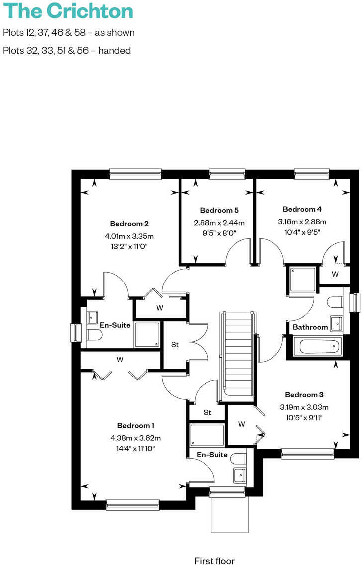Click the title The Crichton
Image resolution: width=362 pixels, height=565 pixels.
69,11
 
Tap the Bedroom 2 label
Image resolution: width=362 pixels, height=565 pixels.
129,224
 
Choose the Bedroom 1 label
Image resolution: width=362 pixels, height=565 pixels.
136,425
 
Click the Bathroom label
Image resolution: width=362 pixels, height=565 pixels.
310,327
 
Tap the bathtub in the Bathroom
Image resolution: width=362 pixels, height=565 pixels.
317,346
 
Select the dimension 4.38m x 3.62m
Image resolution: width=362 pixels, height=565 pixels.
136,438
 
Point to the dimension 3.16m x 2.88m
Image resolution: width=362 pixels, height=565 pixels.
302,222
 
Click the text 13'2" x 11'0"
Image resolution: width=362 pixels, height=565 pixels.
129,246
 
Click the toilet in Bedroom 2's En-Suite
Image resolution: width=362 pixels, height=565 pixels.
94,335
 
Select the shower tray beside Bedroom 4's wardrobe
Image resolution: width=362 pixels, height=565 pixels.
302,281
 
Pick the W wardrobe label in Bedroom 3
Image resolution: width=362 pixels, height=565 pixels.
241,424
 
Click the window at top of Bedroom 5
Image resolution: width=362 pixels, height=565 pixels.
227,174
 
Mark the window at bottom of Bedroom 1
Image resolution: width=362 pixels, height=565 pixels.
133,505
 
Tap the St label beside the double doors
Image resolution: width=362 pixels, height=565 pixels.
175,344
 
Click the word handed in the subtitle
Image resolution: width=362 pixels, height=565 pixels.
115,50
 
